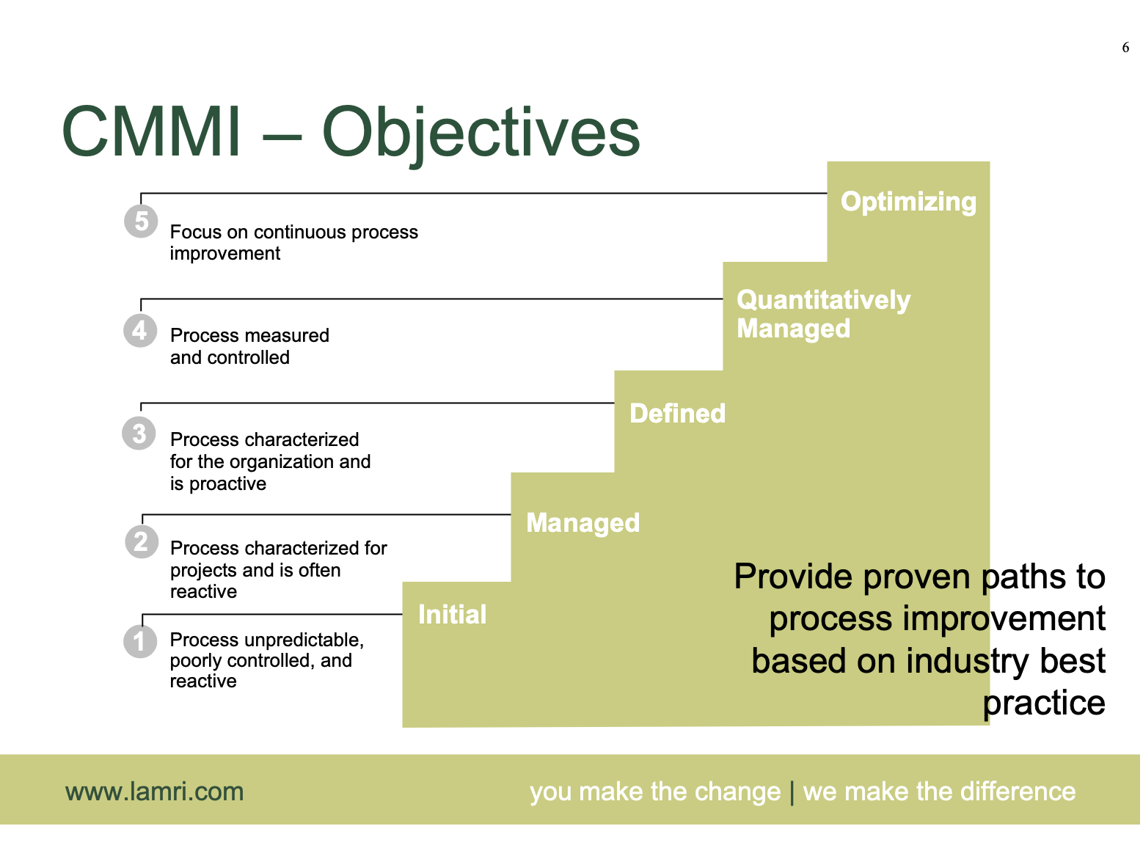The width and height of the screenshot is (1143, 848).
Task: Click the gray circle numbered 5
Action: tap(141, 221)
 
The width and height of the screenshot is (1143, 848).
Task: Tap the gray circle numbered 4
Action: tap(139, 330)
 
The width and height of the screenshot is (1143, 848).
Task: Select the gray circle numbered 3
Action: tap(139, 433)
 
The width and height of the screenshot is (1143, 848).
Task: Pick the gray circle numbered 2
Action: tap(141, 541)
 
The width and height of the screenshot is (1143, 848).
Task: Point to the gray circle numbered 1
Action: tap(139, 641)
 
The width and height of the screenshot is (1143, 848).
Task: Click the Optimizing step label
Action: tap(908, 202)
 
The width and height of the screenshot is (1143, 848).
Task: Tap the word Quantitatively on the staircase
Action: tap(823, 300)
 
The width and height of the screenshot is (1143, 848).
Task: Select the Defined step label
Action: tap(677, 414)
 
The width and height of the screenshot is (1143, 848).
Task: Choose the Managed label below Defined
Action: tap(583, 523)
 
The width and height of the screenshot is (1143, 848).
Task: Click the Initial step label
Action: tap(452, 615)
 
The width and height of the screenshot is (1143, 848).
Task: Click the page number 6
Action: tap(1125, 48)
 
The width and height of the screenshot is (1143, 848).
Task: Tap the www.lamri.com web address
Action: tap(154, 792)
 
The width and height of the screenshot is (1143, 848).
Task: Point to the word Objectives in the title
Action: tap(481, 135)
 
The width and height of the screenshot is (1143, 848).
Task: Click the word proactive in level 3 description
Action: tap(227, 484)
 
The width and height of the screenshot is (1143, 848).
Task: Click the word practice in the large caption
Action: tap(1044, 703)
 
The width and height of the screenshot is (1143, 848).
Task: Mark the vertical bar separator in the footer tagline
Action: tap(792, 792)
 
